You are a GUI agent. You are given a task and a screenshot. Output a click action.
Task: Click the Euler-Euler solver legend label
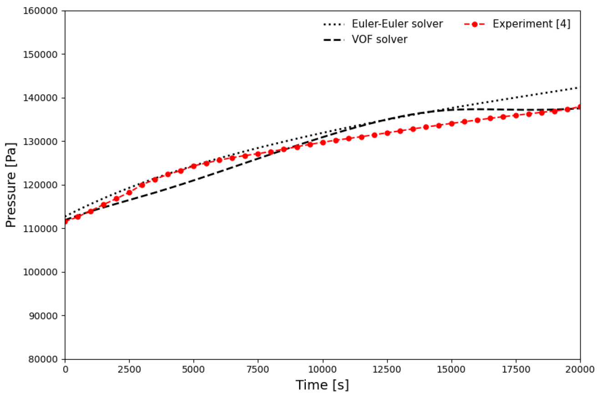coord(397,24)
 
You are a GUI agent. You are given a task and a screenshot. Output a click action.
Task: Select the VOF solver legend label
coord(380,40)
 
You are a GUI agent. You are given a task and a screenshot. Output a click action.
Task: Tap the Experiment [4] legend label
coord(532,24)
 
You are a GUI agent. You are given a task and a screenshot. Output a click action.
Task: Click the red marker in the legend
coord(475,25)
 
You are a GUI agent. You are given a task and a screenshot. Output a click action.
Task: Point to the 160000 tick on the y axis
coord(41,11)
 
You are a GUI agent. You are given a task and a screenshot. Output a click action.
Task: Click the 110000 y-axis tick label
coord(41,229)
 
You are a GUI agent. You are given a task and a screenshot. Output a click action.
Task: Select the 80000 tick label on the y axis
coord(43,359)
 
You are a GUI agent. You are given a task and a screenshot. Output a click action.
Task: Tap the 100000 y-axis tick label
coord(41,272)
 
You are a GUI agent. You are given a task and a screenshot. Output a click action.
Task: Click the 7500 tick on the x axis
coord(258,369)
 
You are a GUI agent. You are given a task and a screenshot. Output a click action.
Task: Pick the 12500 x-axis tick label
coord(387,369)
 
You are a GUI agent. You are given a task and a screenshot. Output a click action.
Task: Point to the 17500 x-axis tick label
coord(516,369)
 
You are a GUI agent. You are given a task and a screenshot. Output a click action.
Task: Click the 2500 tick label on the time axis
coord(129,369)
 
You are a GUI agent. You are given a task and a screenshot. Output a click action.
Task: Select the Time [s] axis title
coord(322,385)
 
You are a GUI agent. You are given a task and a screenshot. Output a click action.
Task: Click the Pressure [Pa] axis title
coord(10,185)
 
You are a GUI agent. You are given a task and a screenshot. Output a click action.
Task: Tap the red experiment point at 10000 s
coord(323,143)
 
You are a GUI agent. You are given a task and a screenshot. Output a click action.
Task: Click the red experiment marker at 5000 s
coord(194,166)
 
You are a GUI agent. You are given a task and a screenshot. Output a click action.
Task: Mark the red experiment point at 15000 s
coord(452,124)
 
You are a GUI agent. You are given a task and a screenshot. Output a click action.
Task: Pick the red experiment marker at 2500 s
coord(129,192)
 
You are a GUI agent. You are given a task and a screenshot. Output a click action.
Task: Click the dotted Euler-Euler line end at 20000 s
coord(580,87)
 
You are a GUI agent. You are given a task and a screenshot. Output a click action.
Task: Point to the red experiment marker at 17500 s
coord(516,116)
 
